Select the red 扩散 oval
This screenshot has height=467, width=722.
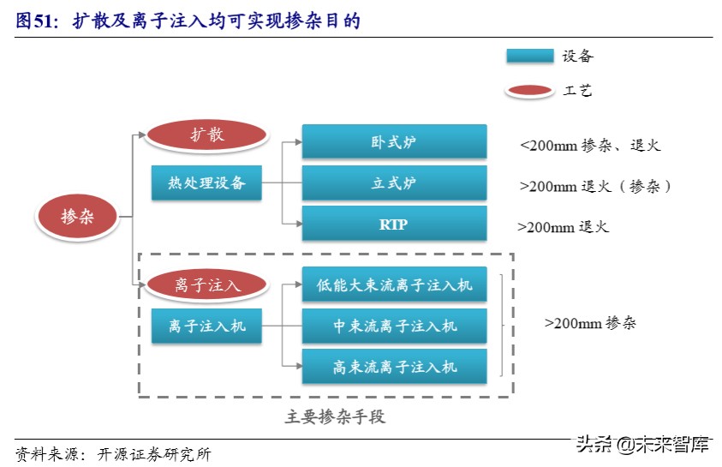click(206, 135)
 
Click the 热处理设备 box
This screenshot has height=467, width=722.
click(206, 183)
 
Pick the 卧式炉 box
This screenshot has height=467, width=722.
click(394, 141)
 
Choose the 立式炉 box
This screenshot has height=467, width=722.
click(394, 183)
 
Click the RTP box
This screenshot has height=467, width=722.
click(394, 224)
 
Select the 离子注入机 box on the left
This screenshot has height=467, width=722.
click(206, 326)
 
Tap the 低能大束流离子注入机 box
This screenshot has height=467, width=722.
click(394, 284)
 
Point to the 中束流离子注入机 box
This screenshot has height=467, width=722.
click(394, 326)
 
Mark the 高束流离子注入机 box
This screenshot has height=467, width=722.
click(394, 367)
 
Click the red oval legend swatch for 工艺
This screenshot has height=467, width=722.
click(529, 90)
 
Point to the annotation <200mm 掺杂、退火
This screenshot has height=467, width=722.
click(590, 146)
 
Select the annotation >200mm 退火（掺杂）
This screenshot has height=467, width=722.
click(595, 185)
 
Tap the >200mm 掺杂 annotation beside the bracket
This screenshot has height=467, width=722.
click(590, 324)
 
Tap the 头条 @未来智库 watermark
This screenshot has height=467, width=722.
click(642, 444)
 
